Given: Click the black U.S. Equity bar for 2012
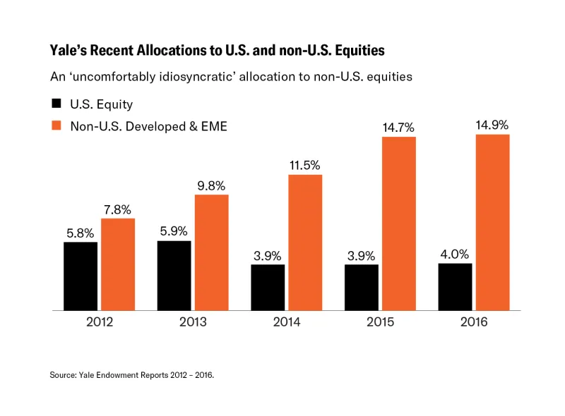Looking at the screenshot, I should (x=81, y=276).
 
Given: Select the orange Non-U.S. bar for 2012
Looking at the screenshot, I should (x=118, y=264).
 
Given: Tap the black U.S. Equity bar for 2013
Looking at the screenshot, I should (x=174, y=275).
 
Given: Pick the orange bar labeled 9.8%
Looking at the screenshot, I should (x=211, y=252).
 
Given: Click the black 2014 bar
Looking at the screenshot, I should (x=268, y=287).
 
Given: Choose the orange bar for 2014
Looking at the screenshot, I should (x=305, y=242).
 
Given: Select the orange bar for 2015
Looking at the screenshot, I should (x=399, y=223).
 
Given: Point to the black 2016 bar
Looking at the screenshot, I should (x=455, y=286).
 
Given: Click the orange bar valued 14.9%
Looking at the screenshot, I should (x=492, y=222).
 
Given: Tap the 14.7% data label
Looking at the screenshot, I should (x=399, y=127).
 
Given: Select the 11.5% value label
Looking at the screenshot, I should (x=305, y=164).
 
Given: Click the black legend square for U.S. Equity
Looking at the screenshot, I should (x=56, y=104).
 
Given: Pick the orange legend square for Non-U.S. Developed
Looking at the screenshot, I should (x=56, y=126).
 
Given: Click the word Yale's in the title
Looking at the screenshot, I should (x=68, y=51).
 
